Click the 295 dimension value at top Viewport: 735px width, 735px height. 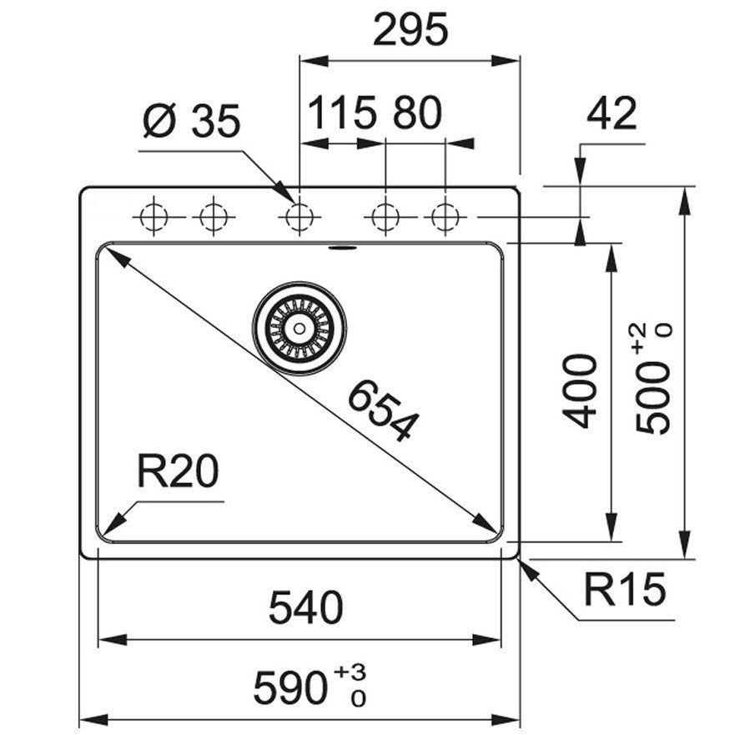[x=410, y=31]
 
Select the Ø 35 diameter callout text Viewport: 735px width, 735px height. [x=191, y=122]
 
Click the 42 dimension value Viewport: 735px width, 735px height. [x=612, y=113]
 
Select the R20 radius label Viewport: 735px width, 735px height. [x=178, y=473]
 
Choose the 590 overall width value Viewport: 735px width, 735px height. [x=288, y=688]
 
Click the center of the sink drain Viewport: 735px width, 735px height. [x=299, y=327]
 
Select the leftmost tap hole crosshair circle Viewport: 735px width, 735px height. [x=153, y=217]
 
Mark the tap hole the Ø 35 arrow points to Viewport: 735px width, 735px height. [x=299, y=217]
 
